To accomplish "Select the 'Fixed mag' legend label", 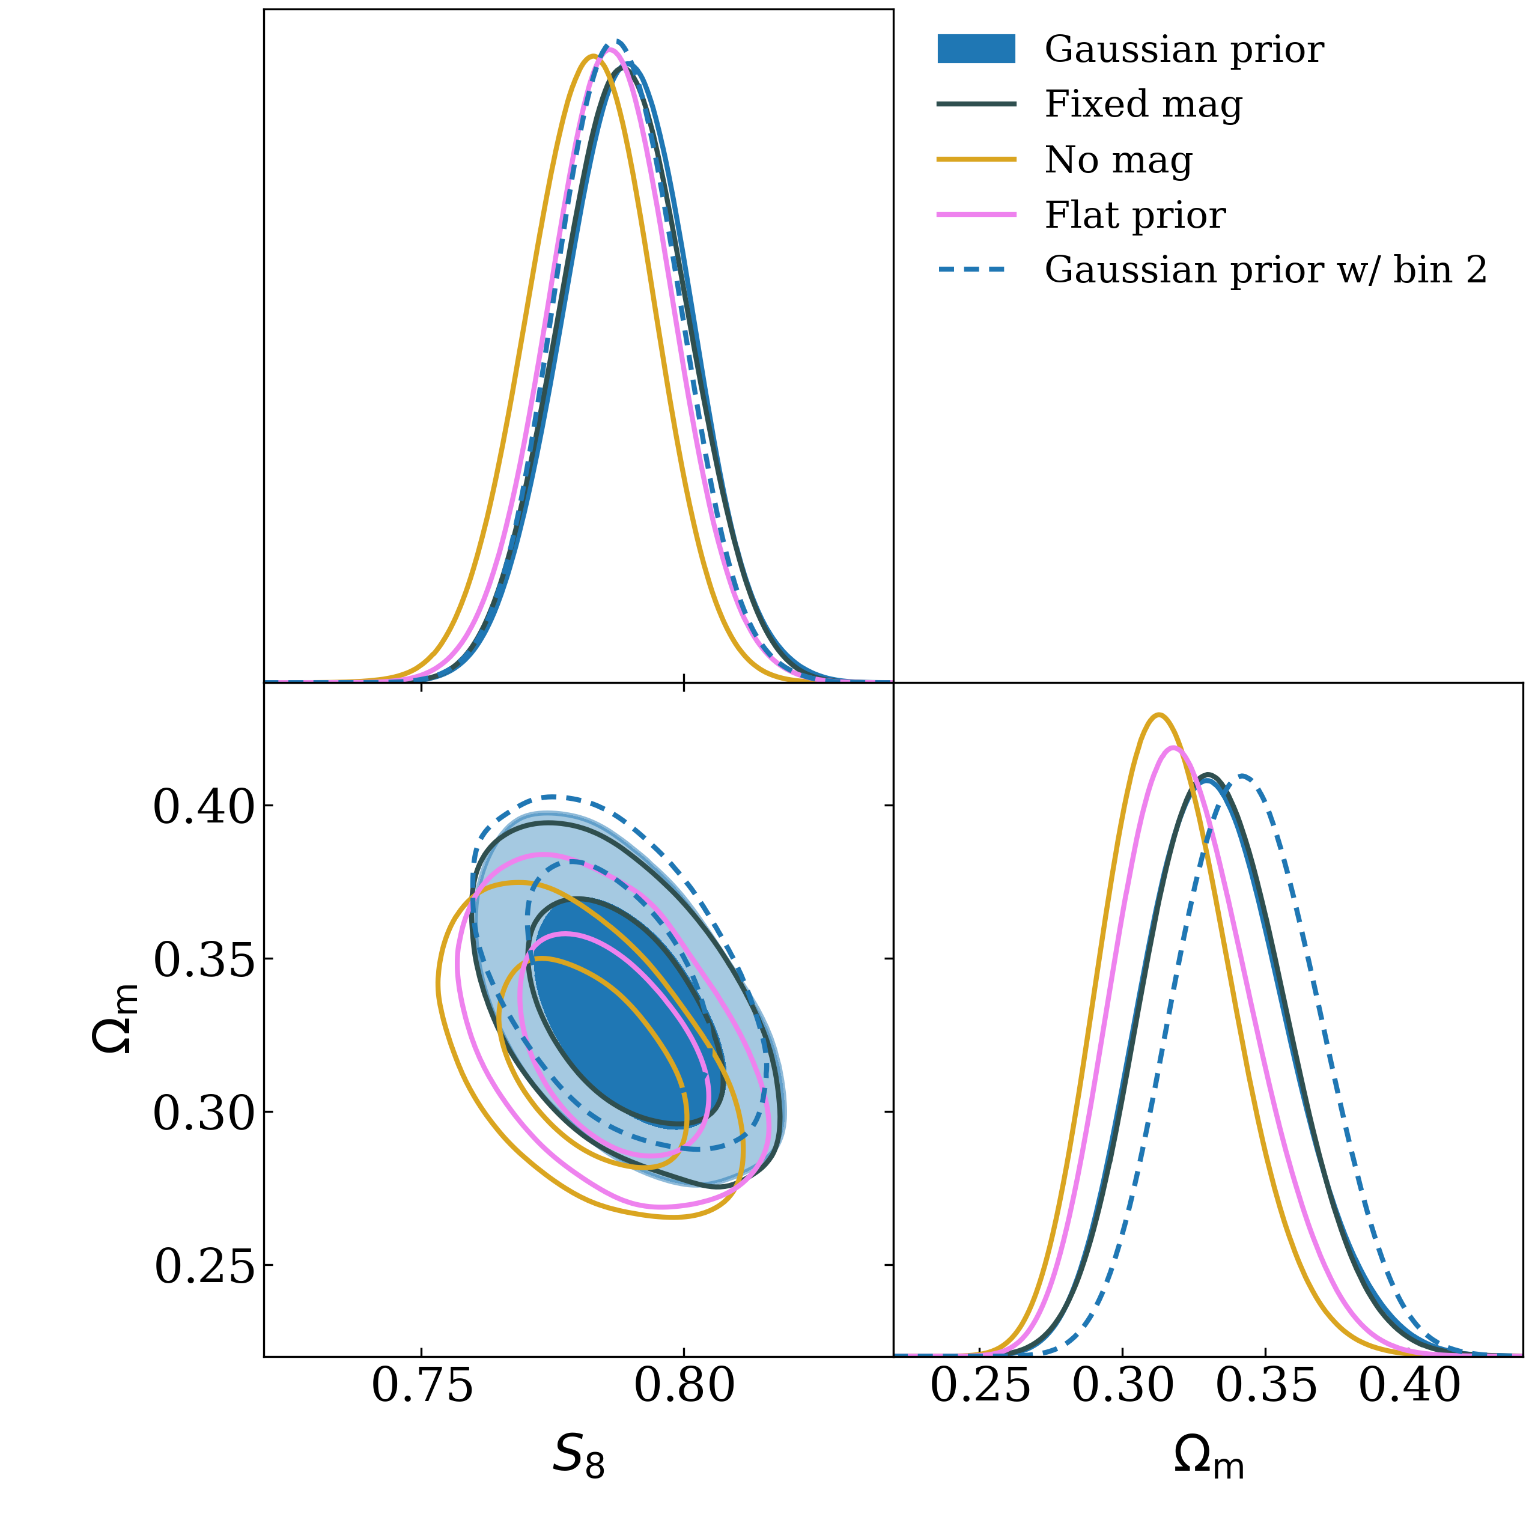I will pos(1143,104).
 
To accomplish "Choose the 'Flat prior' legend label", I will pos(1135,215).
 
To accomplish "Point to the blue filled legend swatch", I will pos(976,49).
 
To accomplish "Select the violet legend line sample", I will pos(976,215).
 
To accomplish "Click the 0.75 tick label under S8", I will pos(422,1387).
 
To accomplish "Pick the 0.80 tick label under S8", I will pos(684,1387).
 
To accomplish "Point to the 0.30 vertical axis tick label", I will pos(204,1114).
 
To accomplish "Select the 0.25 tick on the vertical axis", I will pos(204,1267).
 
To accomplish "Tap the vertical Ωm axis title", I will pos(115,1019).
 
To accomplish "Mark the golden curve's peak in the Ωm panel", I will pos(1158,716).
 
